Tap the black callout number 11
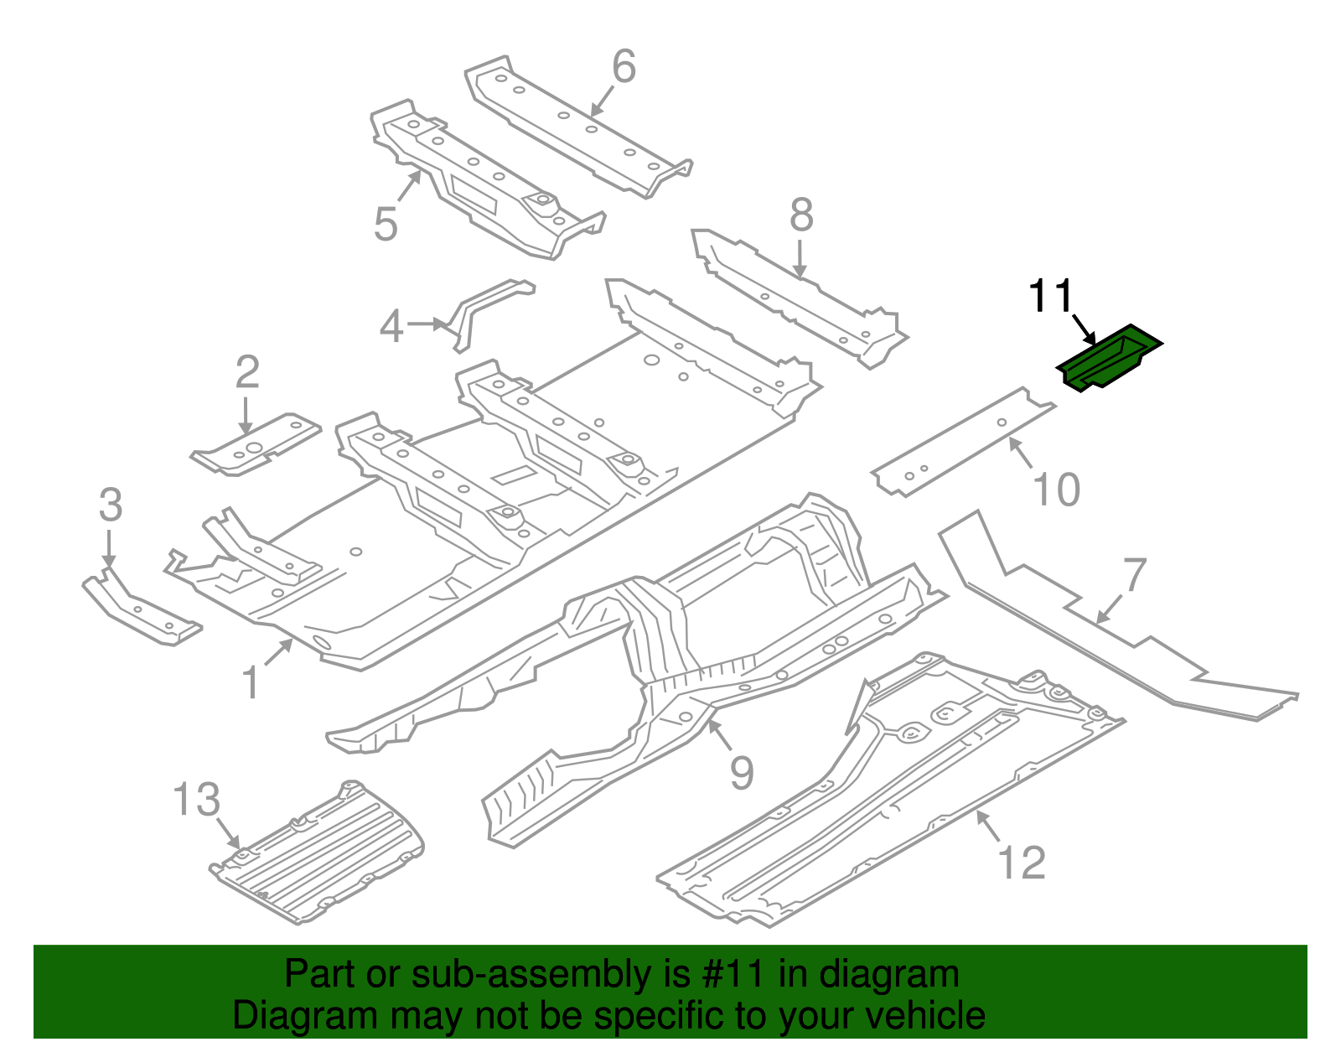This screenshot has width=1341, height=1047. point(1050,296)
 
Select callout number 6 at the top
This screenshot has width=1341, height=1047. point(624,66)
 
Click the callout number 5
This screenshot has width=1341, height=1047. point(386,225)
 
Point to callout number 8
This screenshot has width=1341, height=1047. point(801,215)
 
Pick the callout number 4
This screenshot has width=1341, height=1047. point(391,326)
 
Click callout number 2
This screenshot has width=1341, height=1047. point(247,372)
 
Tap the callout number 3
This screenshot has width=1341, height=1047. point(111,505)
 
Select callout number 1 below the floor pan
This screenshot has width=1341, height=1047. point(251,683)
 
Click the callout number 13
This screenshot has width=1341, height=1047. point(197,800)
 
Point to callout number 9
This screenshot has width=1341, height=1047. point(742,772)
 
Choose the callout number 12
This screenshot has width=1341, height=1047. point(1022,863)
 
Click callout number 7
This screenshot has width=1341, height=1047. point(1134,575)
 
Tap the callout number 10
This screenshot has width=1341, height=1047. point(1056,490)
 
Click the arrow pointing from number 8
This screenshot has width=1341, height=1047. point(800,259)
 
